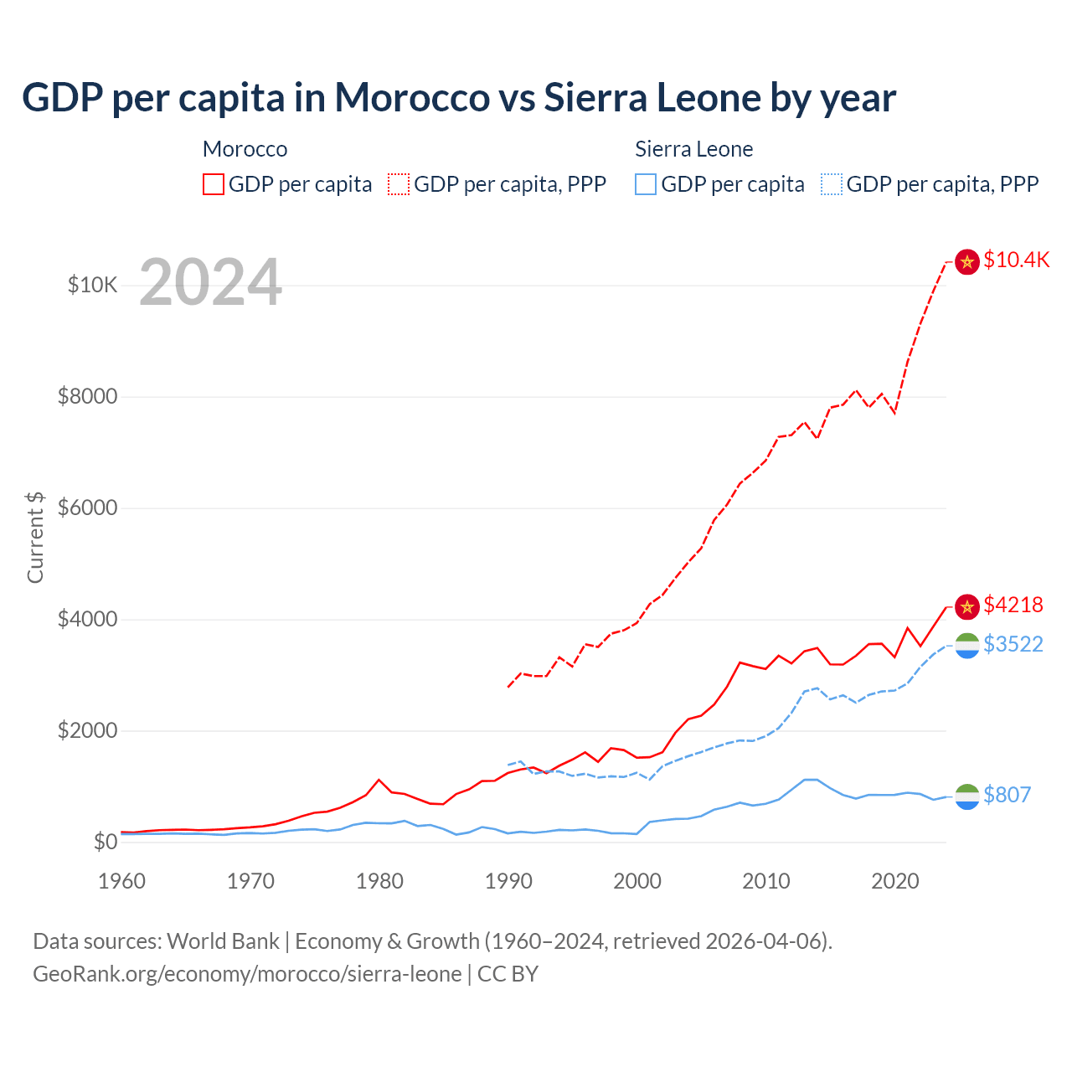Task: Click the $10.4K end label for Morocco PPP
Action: click(1016, 260)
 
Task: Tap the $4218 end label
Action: click(1013, 605)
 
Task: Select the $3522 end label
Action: click(1013, 644)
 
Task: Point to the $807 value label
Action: click(1007, 795)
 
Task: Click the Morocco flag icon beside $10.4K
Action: click(967, 262)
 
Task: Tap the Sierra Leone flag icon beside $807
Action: click(967, 796)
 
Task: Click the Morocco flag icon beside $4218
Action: click(967, 606)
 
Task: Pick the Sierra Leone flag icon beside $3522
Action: click(967, 646)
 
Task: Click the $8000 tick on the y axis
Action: click(87, 396)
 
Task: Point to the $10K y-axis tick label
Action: click(92, 286)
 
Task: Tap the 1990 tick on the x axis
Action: click(508, 881)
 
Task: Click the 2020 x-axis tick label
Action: click(895, 881)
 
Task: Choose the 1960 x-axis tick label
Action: click(122, 881)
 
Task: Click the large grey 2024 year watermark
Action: click(210, 282)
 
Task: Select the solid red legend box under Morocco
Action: click(214, 184)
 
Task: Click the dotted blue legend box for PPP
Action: click(832, 184)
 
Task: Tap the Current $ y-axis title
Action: click(35, 537)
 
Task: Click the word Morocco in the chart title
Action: click(412, 98)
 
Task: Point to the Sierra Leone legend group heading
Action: click(693, 149)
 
